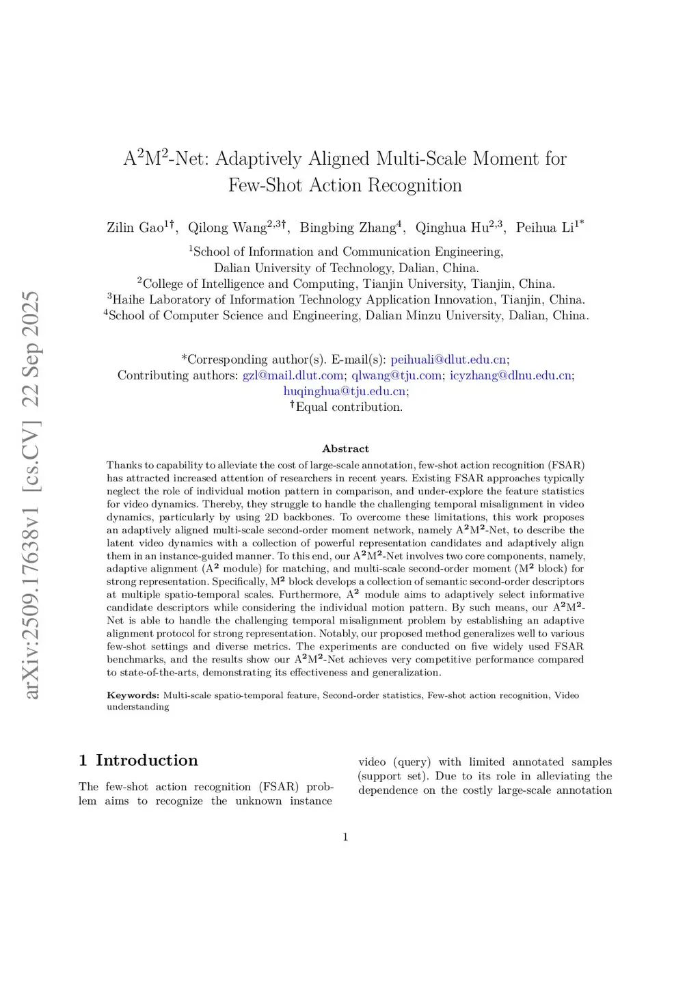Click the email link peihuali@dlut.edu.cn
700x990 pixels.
(448, 360)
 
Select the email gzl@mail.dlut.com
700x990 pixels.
(293, 375)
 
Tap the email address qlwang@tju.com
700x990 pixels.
(396, 375)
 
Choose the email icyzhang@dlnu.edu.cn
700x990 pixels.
(511, 375)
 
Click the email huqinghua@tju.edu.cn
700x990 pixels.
(345, 391)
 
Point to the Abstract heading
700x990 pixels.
(345, 449)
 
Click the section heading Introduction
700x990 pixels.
(146, 760)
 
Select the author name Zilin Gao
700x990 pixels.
(135, 228)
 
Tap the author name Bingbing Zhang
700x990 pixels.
(348, 228)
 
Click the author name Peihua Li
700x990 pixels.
(545, 228)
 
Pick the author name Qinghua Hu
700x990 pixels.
(452, 228)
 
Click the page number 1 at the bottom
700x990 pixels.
(345, 837)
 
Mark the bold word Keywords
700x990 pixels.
(133, 695)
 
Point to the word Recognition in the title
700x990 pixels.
(415, 185)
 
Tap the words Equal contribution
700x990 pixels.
(349, 407)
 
